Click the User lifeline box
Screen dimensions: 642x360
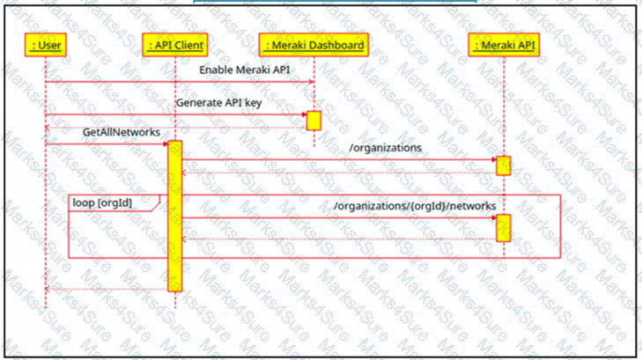pos(46,45)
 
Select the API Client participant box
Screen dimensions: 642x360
pos(175,45)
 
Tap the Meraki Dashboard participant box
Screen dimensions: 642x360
pos(314,45)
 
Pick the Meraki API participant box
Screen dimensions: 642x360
pos(504,45)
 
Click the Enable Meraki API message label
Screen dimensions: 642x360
pos(245,70)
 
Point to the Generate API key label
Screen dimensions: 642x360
pos(219,103)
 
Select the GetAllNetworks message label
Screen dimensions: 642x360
pos(122,133)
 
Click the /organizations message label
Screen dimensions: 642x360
pos(385,148)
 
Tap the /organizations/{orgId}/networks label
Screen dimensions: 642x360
pos(415,206)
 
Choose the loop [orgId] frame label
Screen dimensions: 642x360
pos(102,202)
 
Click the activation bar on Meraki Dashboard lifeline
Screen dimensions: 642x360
pos(314,121)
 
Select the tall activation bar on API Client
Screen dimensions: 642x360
pos(175,216)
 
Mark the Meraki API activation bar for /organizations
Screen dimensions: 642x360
pos(503,165)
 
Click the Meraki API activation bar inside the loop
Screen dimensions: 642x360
pos(503,228)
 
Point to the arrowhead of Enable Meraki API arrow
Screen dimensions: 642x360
pos(311,82)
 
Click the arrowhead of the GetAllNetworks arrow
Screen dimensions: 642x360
pos(166,144)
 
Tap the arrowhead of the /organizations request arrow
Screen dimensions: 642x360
pos(494,160)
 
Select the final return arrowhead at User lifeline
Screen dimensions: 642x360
pos(48,290)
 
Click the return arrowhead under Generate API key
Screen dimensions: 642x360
pos(48,128)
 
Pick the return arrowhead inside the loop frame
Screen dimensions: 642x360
pos(184,239)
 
